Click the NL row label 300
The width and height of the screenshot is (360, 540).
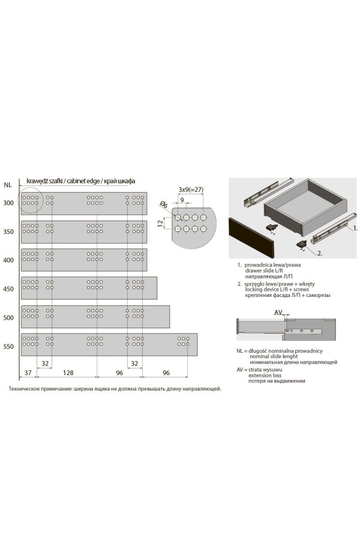coord(8,203)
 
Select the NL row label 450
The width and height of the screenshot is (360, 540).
coord(8,289)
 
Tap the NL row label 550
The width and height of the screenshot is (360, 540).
coord(8,346)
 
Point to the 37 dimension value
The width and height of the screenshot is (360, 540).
coord(28,372)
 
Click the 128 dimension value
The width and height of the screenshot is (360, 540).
coord(68,372)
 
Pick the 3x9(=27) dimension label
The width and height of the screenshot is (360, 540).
coord(191,190)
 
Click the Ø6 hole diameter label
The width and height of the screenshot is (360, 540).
coord(164,204)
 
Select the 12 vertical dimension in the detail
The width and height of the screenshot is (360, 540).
coord(160,224)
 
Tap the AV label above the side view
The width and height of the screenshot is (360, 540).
coord(278,313)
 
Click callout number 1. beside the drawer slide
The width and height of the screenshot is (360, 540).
coord(355,228)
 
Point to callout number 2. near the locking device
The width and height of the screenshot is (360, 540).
coord(320,253)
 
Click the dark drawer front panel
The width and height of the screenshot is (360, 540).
coord(252,238)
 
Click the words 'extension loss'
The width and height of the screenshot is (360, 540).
coord(265,375)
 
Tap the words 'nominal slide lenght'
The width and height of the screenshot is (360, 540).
coord(274,356)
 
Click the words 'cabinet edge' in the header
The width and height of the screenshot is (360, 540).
coord(82,181)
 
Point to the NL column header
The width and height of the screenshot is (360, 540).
coord(8,185)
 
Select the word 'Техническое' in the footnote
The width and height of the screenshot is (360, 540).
coord(23,389)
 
